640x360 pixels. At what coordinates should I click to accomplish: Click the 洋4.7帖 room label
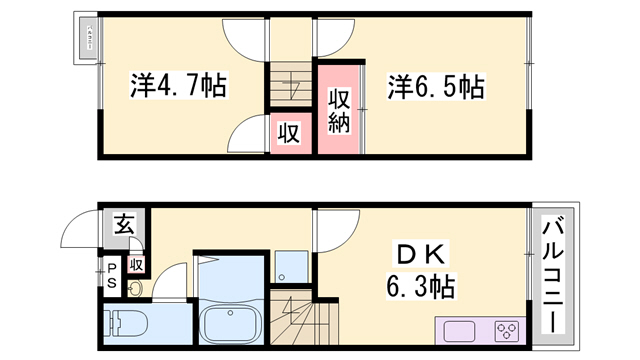177,86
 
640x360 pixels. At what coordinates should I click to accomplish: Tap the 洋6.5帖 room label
436,86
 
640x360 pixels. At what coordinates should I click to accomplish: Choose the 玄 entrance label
122,224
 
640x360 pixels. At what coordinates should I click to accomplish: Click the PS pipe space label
112,274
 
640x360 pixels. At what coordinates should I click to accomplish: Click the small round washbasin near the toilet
135,290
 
